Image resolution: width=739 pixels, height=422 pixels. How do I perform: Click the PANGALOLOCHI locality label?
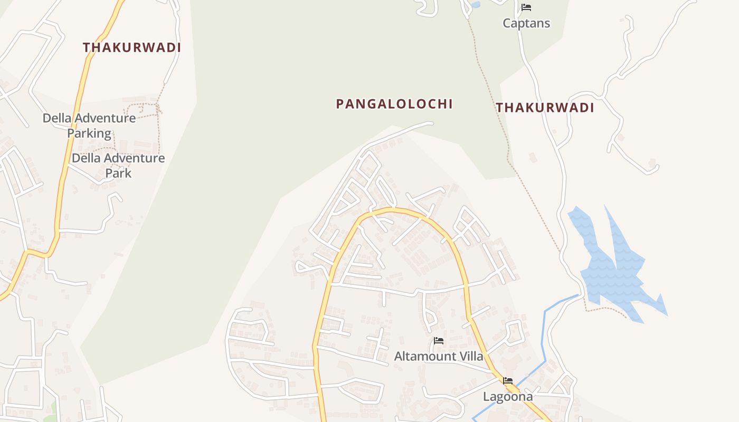[394, 104]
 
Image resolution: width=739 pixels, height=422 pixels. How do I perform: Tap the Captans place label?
[526, 23]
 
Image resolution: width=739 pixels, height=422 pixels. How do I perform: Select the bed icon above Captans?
[526, 7]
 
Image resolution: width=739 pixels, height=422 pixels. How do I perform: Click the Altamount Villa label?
[439, 357]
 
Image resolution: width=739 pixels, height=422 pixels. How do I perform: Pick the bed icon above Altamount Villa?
[439, 341]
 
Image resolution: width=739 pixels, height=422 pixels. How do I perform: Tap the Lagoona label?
[508, 397]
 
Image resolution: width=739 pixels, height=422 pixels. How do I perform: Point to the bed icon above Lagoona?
[508, 380]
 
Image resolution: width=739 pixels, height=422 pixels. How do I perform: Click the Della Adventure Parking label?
[89, 126]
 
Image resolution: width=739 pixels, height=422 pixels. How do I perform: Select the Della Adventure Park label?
[118, 165]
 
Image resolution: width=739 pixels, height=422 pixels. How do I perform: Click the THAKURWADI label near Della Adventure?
[132, 47]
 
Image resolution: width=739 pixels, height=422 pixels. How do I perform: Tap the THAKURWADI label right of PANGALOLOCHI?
[545, 108]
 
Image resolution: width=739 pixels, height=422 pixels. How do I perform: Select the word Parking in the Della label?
[89, 133]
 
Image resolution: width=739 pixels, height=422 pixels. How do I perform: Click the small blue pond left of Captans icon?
[475, 5]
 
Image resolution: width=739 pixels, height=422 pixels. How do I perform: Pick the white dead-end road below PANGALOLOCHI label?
[401, 130]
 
